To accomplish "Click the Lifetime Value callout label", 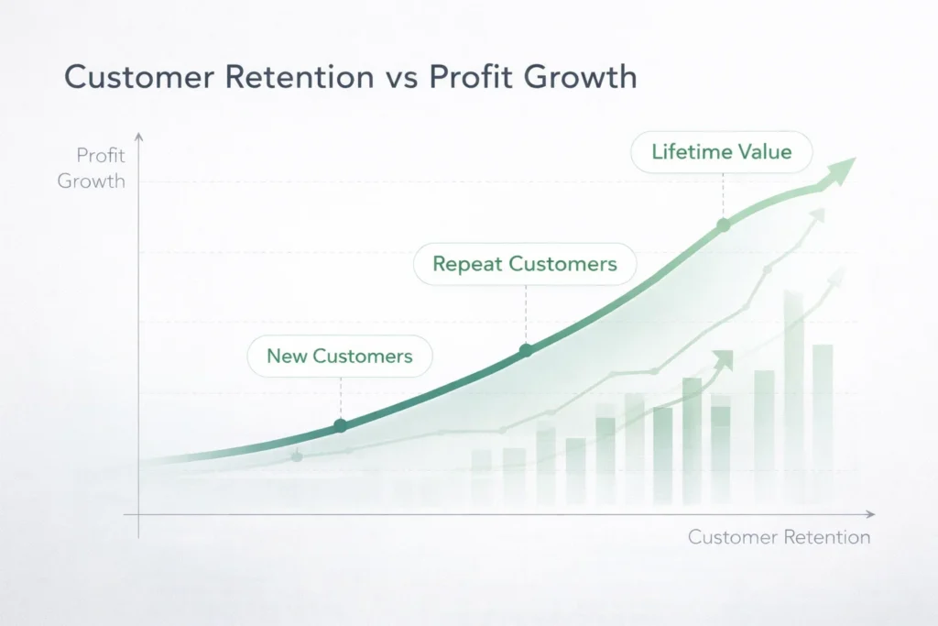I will pos(722,152).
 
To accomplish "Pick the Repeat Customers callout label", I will pos(525,264).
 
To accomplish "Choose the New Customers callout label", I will pos(340,356).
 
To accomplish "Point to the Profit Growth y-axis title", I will pos(92,168).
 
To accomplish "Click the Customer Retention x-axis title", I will pos(779,537).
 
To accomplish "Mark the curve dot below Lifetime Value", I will pos(723,224).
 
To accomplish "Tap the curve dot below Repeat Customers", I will pos(526,350).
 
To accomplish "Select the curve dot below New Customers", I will pos(341,425).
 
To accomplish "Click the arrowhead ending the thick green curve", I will pos(842,170).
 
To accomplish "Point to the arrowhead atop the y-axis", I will pos(139,137).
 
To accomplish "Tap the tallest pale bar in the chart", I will pos(793,394).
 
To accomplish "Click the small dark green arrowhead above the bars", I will pos(725,358).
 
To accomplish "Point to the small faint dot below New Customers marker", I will pos(296,456).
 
